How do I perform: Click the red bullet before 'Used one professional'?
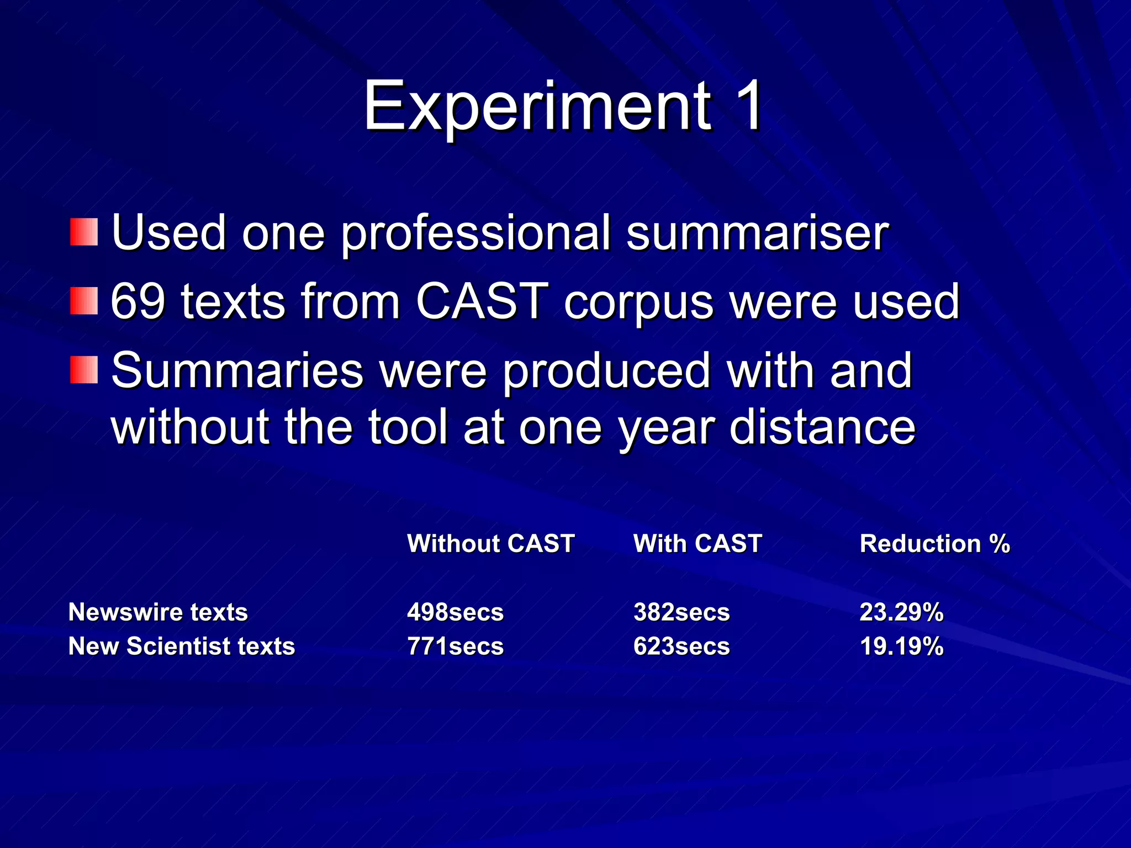pyautogui.click(x=84, y=232)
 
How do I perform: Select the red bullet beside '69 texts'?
pyautogui.click(x=84, y=301)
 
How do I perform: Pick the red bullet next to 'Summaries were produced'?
pyautogui.click(x=84, y=370)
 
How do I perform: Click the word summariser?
pyautogui.click(x=757, y=233)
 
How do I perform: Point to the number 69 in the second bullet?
pyautogui.click(x=138, y=301)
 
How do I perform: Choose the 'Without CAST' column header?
pyautogui.click(x=491, y=544)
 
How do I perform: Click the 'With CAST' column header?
pyautogui.click(x=697, y=544)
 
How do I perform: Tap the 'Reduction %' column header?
pyautogui.click(x=934, y=544)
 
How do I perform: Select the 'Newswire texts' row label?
pyautogui.click(x=158, y=612)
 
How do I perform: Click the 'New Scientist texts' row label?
pyautogui.click(x=182, y=646)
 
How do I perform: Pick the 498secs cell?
pyautogui.click(x=455, y=612)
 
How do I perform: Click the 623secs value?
pyautogui.click(x=681, y=646)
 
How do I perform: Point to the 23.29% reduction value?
pyautogui.click(x=901, y=612)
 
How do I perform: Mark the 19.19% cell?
pyautogui.click(x=901, y=646)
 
